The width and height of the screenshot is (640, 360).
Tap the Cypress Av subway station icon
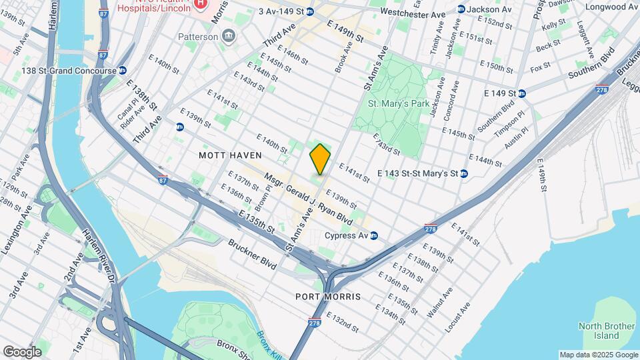(374, 235)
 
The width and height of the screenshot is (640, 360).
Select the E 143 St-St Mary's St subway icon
(464, 173)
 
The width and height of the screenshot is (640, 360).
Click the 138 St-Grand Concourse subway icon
(122, 70)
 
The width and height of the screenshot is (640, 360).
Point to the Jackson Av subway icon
(461, 9)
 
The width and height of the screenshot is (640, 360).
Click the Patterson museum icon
(229, 36)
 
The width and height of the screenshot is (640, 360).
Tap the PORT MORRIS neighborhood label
(328, 296)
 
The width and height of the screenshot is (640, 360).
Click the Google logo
(22, 351)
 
